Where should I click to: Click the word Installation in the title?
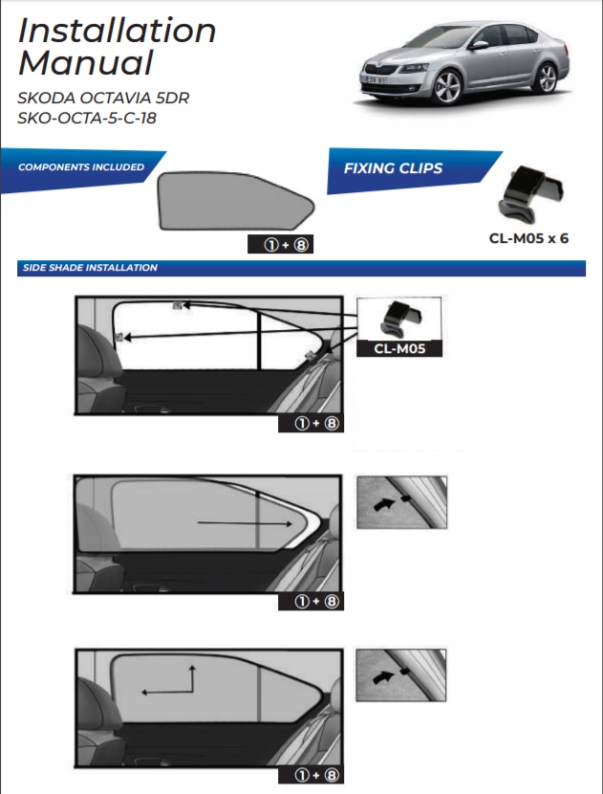coord(117,30)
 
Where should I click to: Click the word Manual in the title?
coord(86,64)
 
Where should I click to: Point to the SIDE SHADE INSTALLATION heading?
coord(90,268)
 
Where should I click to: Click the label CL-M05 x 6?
coord(528,237)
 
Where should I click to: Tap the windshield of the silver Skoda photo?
coord(436,41)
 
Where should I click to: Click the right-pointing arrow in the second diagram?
coord(245,524)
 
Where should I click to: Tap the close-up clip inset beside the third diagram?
coord(400,675)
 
